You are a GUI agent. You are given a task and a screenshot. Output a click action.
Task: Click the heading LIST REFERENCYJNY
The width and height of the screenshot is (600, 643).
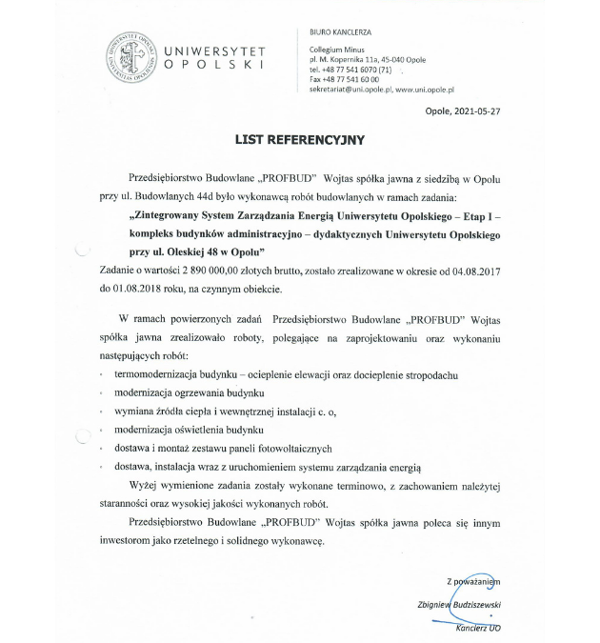pyautogui.click(x=300, y=138)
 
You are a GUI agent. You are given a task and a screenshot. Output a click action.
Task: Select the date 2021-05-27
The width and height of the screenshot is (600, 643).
pyautogui.click(x=474, y=111)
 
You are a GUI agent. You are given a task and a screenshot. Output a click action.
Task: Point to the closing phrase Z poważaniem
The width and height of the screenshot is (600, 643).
pyautogui.click(x=473, y=580)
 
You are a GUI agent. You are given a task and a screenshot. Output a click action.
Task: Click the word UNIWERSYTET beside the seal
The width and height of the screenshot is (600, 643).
pyautogui.click(x=214, y=50)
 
